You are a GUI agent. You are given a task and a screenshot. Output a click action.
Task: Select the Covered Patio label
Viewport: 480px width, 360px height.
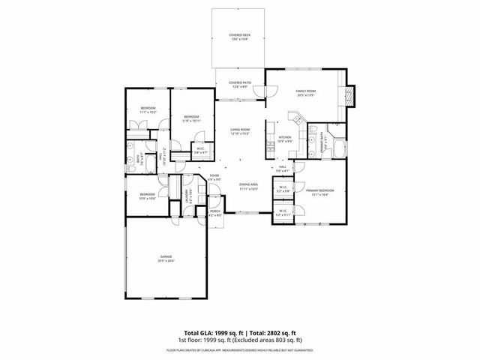[240, 85]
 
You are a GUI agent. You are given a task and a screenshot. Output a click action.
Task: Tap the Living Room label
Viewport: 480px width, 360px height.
[240, 131]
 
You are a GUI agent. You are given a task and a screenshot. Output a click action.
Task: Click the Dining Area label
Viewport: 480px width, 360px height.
[249, 186]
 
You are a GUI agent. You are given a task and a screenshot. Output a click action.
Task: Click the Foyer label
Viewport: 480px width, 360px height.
[214, 178]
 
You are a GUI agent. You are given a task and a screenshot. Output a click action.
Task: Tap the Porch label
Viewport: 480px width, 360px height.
[215, 213]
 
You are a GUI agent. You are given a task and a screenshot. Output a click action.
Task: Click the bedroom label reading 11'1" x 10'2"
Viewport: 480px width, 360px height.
[148, 110]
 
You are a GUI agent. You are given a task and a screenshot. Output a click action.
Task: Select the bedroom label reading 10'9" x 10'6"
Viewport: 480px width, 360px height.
[147, 196]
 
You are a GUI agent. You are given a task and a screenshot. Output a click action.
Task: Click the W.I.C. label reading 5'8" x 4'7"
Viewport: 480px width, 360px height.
[201, 150]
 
